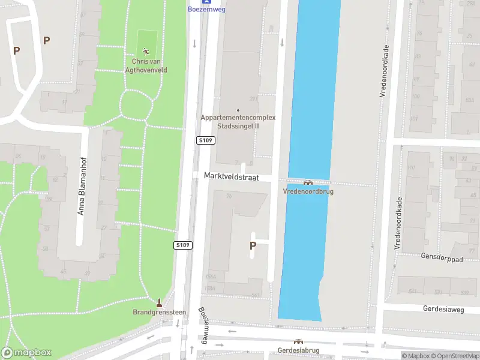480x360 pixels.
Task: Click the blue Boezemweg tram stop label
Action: [x=206, y=10]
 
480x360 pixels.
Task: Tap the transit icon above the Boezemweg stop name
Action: [x=206, y=2]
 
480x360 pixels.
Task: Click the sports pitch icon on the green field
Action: [x=146, y=51]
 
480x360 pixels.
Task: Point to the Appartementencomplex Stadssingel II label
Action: [x=238, y=122]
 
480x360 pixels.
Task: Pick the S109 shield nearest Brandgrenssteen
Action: [x=183, y=245]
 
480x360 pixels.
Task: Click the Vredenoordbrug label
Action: [x=308, y=191]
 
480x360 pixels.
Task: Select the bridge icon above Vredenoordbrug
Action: [x=308, y=182]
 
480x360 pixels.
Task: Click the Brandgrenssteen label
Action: [x=159, y=312]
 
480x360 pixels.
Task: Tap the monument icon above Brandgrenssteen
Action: [x=159, y=303]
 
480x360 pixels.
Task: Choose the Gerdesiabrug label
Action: [x=298, y=350]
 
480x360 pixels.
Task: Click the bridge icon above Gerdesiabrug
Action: [x=298, y=342]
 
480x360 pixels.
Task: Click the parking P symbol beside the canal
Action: [x=253, y=245]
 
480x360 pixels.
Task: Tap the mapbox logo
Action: [x=27, y=353]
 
